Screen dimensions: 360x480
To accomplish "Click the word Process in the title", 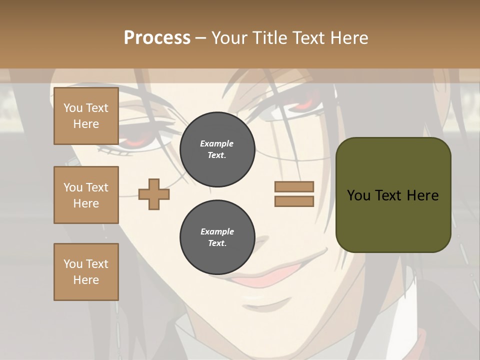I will point(157,38).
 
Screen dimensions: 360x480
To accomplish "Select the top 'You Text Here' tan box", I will point(86,116).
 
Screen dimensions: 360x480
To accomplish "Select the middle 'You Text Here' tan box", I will point(86,195).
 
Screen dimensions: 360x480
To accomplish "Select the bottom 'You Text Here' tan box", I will point(86,272).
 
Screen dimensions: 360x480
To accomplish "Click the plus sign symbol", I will point(154,194).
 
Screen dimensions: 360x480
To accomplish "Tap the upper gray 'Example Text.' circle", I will point(217,149).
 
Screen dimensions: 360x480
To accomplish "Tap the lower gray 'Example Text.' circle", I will point(217,237).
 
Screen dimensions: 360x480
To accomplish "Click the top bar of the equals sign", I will point(294,187).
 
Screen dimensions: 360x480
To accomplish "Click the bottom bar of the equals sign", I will point(294,201).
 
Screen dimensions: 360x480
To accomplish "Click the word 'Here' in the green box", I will point(422,195).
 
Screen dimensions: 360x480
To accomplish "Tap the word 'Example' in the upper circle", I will point(217,143).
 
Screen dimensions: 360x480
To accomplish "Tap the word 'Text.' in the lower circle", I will point(217,243).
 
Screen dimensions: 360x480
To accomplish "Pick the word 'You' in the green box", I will point(358,195).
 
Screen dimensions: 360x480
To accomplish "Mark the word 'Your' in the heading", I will point(229,38).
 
